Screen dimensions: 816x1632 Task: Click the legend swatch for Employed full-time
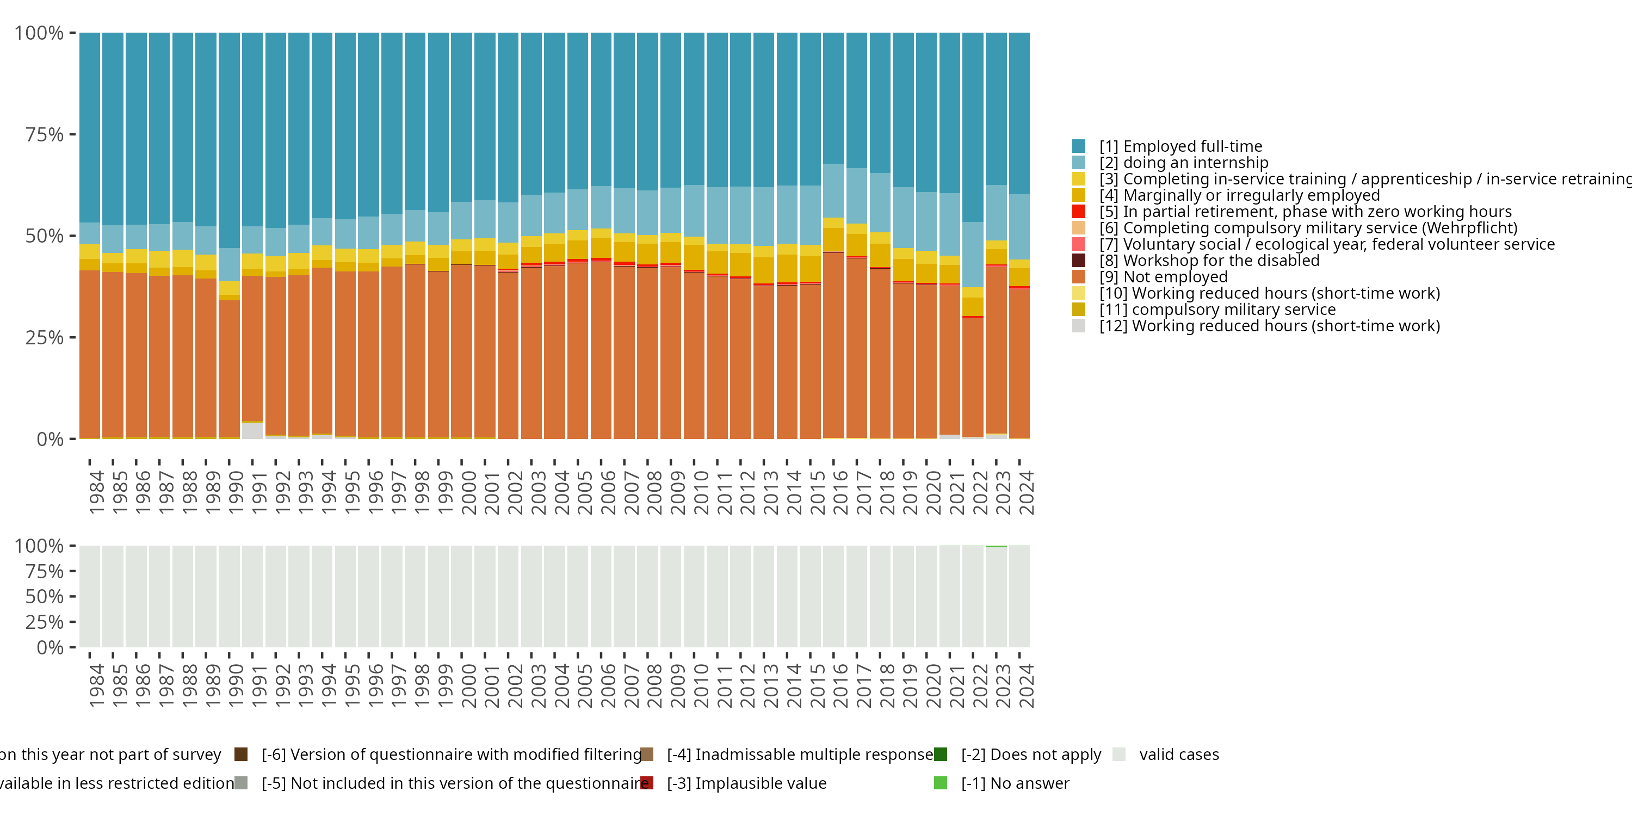[1078, 146]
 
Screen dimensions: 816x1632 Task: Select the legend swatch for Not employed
[1078, 277]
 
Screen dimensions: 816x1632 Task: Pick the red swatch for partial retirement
[1078, 212]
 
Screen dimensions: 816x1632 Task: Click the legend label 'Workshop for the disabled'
[1209, 261]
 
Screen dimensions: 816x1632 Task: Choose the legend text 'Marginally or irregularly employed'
[1239, 195]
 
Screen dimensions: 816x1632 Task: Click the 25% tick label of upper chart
[45, 338]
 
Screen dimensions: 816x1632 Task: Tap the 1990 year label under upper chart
[236, 492]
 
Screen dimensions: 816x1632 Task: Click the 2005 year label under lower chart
[584, 685]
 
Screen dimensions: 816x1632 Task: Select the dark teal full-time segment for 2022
[973, 127]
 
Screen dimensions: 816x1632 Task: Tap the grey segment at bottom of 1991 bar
[252, 431]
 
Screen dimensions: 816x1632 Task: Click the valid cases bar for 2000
[461, 596]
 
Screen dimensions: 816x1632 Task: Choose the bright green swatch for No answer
[940, 783]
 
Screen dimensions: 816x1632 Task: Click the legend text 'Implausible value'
[746, 783]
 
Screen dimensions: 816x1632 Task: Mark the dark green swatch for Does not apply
[940, 754]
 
